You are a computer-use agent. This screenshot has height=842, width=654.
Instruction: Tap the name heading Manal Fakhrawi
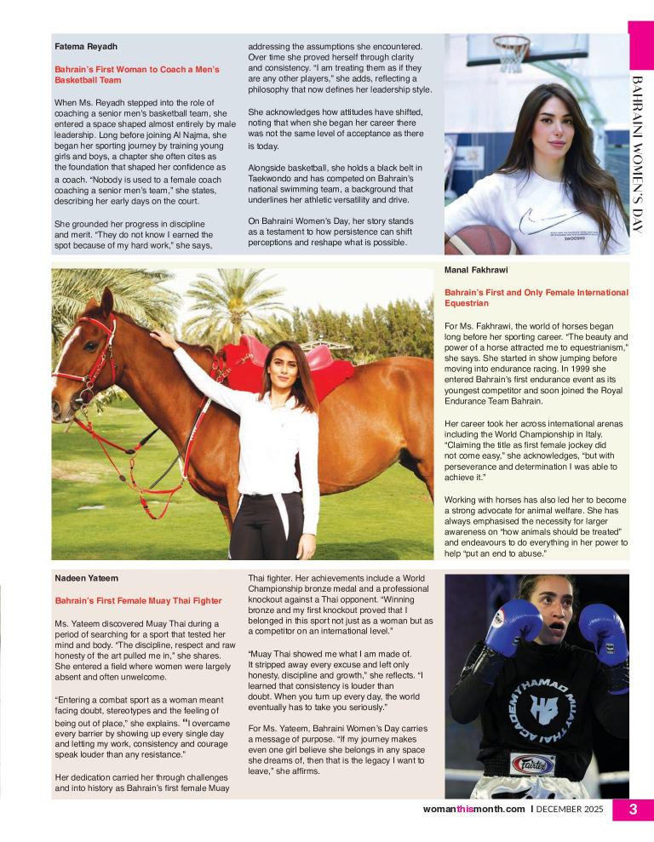click(477, 270)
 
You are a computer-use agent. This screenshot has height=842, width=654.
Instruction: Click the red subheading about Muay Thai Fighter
click(138, 600)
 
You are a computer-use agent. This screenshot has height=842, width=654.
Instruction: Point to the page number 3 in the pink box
click(633, 810)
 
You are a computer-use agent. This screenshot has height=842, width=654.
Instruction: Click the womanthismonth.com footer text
click(473, 810)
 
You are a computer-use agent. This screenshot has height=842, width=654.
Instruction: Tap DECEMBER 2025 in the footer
click(571, 810)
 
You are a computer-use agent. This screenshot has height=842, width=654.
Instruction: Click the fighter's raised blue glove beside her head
click(513, 627)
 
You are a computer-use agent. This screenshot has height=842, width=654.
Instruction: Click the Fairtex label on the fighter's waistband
click(532, 764)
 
